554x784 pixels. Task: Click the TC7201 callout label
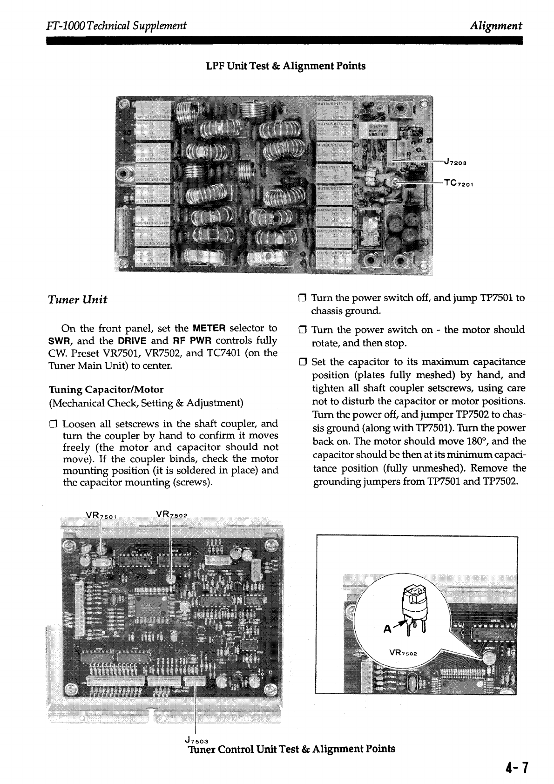(x=459, y=183)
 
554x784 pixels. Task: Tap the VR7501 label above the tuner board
(x=104, y=515)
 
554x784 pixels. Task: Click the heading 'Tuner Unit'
(x=78, y=299)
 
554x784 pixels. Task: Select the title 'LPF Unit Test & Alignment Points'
(x=286, y=66)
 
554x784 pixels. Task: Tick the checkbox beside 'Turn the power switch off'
(x=302, y=298)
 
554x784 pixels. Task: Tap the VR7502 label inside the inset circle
(x=403, y=653)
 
